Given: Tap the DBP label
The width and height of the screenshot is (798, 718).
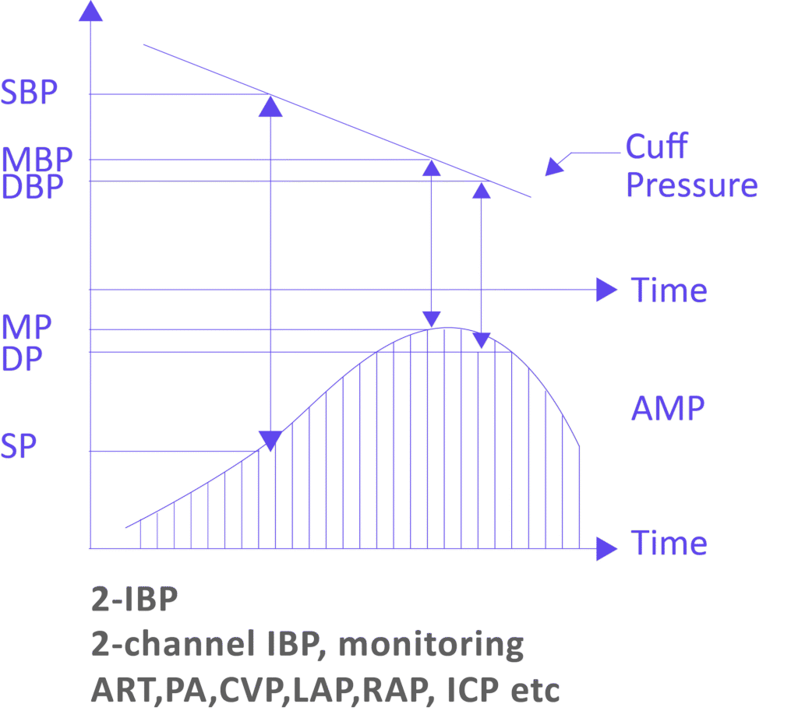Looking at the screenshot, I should pos(31,189).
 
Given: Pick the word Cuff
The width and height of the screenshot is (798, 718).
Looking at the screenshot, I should pos(659,148).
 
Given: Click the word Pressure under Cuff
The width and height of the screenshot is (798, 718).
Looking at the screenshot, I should pos(692,187).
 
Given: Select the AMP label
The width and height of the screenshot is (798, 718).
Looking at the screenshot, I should pos(669,410).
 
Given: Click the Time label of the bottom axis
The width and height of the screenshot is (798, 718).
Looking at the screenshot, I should pos(669,543).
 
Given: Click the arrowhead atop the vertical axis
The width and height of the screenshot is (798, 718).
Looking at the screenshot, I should pos(92,11).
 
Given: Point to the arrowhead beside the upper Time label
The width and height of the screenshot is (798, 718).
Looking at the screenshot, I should pos(606,290).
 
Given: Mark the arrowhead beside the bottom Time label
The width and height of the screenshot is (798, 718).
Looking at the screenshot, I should pos(606,550).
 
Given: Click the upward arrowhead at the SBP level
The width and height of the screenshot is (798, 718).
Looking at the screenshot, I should pos(270,107).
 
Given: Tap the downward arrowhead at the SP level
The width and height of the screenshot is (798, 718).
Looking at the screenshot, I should pos(270,442).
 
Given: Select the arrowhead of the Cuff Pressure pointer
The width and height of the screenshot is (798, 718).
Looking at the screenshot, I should pos(553,167).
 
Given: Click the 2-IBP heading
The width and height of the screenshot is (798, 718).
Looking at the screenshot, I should pos(135,600).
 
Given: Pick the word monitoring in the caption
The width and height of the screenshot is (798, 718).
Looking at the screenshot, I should pos(432,646).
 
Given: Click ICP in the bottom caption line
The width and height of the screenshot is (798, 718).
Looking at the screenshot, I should pos(470,690).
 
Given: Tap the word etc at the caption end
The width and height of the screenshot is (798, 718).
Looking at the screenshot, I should pos(535,690).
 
